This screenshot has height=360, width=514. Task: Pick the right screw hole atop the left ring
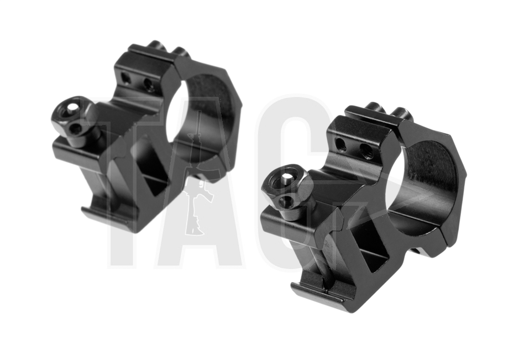tap(148, 84)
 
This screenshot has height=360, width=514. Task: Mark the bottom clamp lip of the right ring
tap(318, 293)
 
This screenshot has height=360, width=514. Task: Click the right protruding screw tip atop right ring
tap(402, 114)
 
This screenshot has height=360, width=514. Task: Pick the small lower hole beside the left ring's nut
tap(76, 129)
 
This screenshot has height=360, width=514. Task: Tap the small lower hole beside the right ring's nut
tap(286, 201)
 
